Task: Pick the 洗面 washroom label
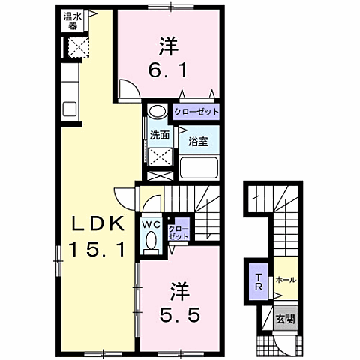click(159, 136)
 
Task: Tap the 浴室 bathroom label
click(198, 140)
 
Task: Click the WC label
click(151, 223)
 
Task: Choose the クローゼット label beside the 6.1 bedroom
click(197, 112)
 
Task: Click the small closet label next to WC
click(178, 231)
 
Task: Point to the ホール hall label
click(286, 279)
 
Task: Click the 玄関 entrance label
click(285, 319)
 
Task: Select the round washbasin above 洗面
click(157, 112)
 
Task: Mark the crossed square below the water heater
click(77, 47)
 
